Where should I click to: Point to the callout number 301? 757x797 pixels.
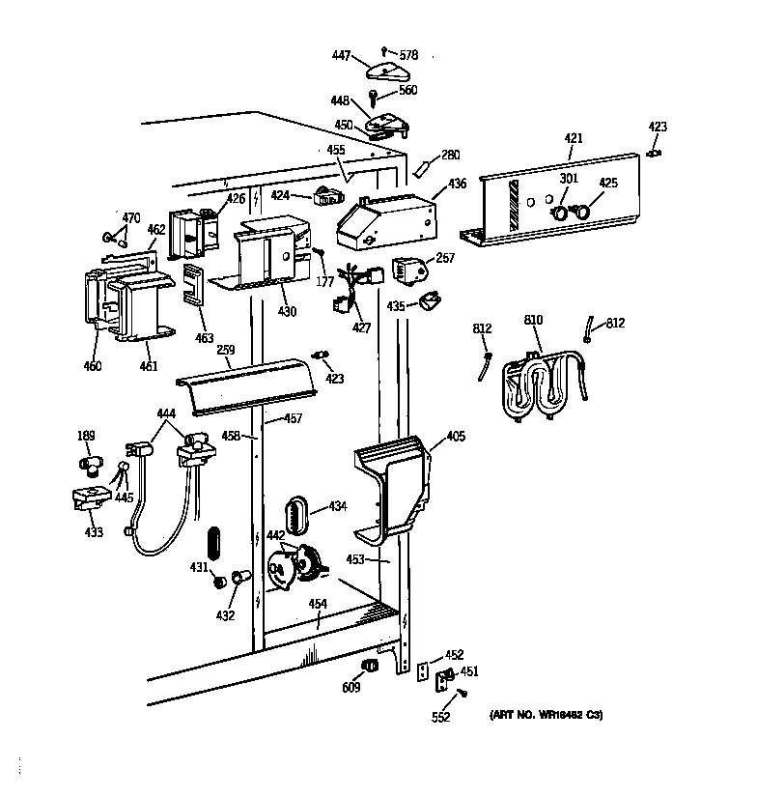569,181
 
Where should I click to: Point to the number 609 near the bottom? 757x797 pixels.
350,688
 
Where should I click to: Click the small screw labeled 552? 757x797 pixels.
462,693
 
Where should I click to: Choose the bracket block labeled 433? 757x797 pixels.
90,499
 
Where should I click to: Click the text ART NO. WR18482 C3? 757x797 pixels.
547,715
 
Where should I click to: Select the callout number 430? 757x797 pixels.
287,312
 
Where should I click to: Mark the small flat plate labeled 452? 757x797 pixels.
423,672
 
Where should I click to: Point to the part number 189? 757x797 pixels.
86,437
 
